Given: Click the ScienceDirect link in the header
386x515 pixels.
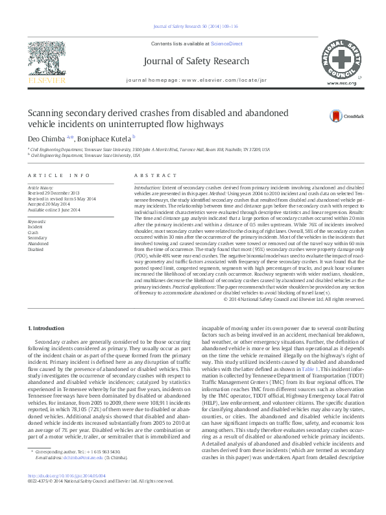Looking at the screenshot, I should (226, 43).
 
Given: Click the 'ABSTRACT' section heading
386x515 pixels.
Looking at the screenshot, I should (151, 176).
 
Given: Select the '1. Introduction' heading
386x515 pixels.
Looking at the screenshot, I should (48, 329).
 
